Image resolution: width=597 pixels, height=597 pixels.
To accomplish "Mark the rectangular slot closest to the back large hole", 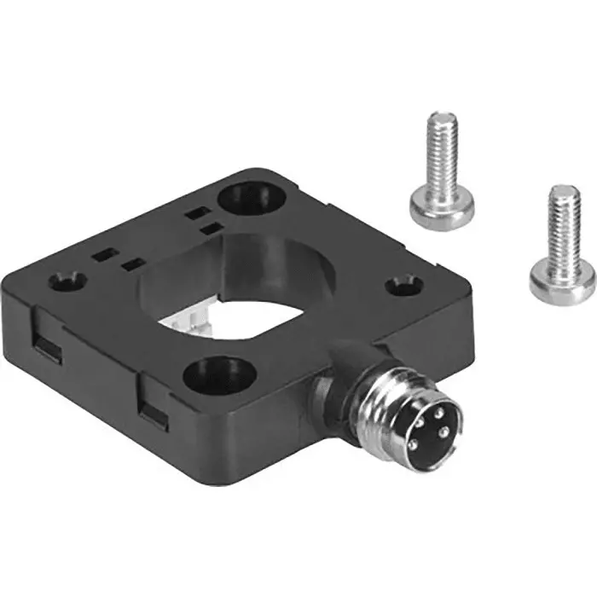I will tap(199, 212).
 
